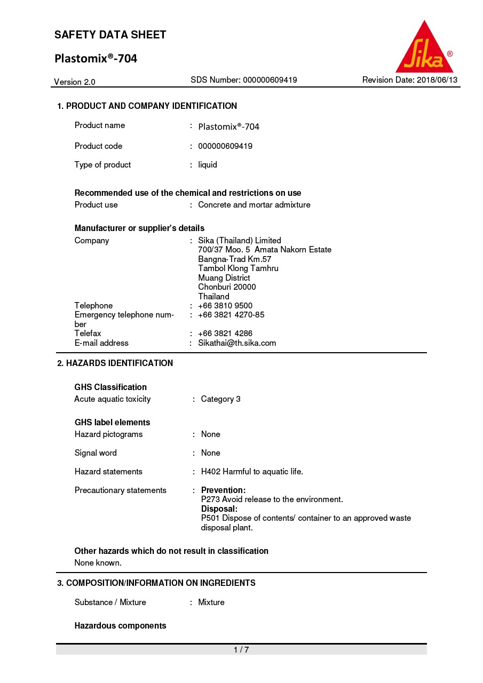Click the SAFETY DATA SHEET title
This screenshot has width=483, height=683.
click(x=110, y=35)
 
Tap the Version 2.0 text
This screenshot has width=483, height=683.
click(x=75, y=82)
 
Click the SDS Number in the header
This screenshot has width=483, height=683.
click(x=244, y=80)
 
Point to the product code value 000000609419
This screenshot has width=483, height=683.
click(x=225, y=146)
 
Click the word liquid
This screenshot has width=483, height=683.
click(x=208, y=165)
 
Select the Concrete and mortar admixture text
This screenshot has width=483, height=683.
click(x=254, y=205)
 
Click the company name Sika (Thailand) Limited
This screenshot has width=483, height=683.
click(x=240, y=241)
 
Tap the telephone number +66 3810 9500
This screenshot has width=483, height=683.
click(x=225, y=306)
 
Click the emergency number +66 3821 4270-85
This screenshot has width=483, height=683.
click(x=231, y=315)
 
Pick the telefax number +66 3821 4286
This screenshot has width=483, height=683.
click(x=225, y=333)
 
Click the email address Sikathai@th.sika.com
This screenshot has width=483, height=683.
click(x=237, y=343)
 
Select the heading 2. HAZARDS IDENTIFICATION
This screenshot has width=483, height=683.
click(x=115, y=363)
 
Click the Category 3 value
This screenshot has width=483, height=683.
click(x=220, y=399)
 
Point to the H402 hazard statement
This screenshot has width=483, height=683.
click(x=252, y=472)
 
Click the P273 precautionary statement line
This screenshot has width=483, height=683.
click(x=272, y=499)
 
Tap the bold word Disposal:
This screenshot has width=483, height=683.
click(x=219, y=509)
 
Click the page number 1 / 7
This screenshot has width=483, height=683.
click(x=241, y=649)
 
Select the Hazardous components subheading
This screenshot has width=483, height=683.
click(x=121, y=626)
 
